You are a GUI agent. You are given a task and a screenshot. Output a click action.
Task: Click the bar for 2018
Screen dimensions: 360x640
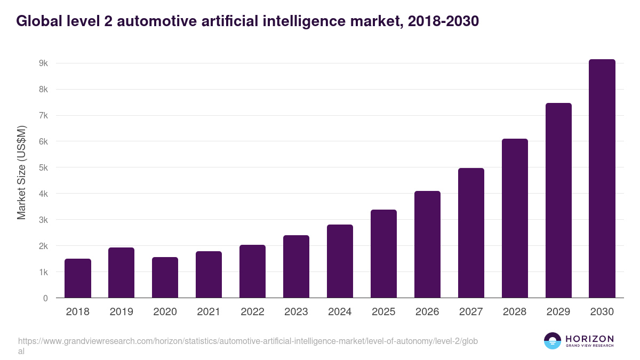78,278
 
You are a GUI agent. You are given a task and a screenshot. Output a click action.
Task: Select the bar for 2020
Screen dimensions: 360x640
165,277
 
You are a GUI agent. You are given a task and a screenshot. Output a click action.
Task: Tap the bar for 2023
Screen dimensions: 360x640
297,267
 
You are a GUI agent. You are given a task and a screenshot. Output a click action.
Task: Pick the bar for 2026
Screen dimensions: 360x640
428,244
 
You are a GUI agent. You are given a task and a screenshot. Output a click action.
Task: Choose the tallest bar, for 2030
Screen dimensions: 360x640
602,179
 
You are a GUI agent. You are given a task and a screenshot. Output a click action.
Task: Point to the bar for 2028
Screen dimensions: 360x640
515,218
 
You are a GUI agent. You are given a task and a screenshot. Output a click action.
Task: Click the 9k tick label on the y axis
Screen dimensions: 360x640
43,63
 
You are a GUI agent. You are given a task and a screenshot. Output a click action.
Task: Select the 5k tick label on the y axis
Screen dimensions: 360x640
43,168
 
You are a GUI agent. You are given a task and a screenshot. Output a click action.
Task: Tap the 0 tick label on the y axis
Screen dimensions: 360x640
45,299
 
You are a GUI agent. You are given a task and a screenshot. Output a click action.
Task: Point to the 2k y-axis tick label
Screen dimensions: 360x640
43,246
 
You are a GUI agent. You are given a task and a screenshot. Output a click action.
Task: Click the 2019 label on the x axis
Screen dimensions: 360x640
122,312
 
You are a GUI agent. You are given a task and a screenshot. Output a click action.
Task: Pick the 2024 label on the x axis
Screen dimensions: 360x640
340,312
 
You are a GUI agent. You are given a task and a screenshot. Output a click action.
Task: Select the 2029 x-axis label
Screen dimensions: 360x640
558,312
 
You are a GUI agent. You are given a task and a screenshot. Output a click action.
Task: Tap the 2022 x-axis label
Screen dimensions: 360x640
253,312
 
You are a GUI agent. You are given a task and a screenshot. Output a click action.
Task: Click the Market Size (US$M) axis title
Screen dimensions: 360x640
21,173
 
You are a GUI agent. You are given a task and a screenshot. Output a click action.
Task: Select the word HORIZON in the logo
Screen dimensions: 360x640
589,339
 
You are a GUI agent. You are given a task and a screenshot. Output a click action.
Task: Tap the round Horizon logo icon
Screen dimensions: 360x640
553,341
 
